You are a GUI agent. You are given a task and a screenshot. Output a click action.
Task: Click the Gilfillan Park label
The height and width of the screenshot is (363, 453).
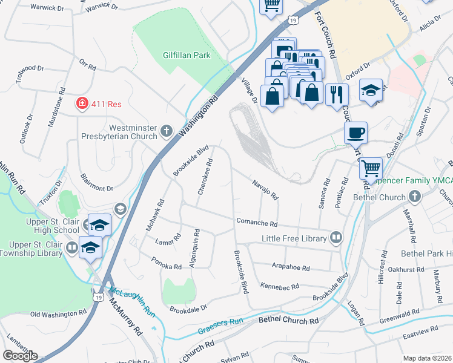coord(186,55)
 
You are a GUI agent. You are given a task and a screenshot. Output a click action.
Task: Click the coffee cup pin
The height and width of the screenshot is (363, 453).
coord(355,132)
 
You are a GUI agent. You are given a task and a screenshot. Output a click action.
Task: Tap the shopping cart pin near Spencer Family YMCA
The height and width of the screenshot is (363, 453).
coord(370,168)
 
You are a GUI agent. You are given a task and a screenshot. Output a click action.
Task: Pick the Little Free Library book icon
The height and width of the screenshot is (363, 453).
coord(336,238)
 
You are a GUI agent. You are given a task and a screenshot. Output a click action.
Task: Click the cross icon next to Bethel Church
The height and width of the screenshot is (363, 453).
coord(414,197)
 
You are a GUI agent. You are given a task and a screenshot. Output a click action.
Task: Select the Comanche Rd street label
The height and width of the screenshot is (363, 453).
coord(256,223)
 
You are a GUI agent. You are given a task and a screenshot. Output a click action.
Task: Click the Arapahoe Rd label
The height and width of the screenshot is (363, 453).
coord(290,267)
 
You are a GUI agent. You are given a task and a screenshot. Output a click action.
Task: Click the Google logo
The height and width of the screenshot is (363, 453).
coord(19,356)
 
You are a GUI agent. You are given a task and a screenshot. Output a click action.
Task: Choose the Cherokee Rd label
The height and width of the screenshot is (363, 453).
coord(204,176)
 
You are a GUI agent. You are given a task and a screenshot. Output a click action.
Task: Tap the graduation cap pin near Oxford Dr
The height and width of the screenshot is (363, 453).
coord(371,90)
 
